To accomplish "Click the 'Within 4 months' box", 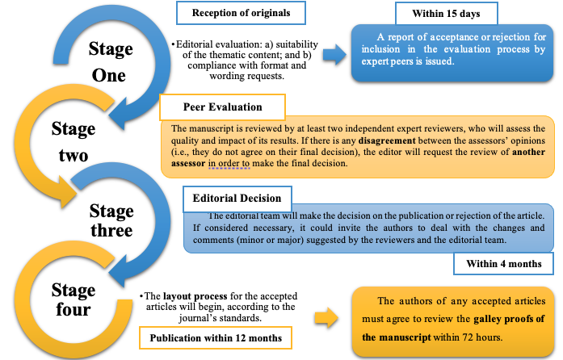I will [x=503, y=264].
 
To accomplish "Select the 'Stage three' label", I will [x=111, y=221].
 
